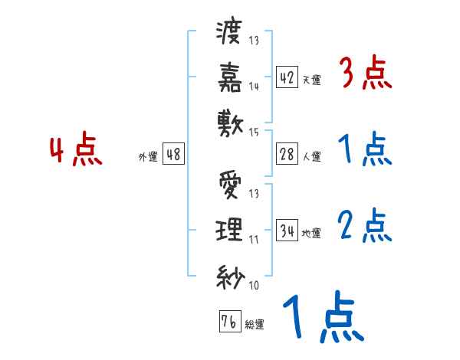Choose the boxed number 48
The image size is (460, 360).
click(173, 155)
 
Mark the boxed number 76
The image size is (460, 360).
click(228, 321)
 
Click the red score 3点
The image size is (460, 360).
click(366, 74)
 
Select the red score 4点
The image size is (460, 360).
click(75, 151)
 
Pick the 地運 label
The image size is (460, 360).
click(311, 233)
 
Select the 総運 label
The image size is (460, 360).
click(254, 325)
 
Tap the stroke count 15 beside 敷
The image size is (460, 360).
click(254, 133)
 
